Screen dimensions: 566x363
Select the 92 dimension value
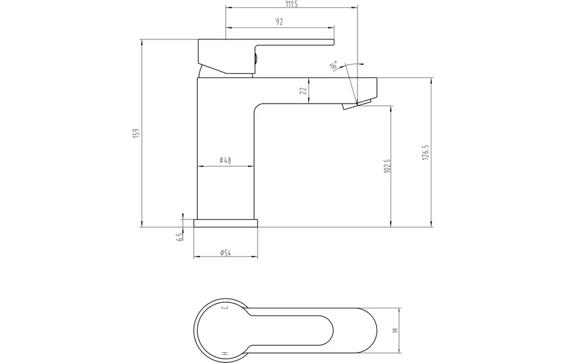click(279, 22)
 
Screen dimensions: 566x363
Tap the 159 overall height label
click(136, 133)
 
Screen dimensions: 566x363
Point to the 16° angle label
click(334, 65)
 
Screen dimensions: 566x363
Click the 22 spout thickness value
click(303, 91)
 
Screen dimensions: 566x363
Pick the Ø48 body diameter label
click(225, 161)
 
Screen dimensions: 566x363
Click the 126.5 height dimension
click(425, 152)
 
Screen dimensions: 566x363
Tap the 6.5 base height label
click(180, 237)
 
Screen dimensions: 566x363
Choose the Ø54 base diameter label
click(226, 253)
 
